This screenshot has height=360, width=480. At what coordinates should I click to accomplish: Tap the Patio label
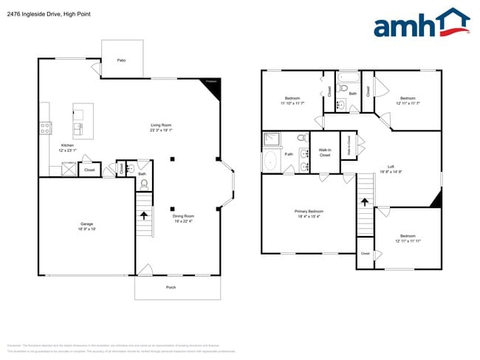121,59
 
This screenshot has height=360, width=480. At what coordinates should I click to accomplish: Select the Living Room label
161,127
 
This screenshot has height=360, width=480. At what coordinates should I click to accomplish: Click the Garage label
86,226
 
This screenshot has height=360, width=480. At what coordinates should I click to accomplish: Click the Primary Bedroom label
309,213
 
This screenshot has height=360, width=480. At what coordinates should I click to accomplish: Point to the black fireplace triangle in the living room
213,89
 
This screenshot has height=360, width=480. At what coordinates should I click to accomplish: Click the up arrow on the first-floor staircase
143,215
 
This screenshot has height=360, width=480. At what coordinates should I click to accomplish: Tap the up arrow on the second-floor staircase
364,200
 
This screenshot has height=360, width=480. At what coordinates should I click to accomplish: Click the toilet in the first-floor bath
144,183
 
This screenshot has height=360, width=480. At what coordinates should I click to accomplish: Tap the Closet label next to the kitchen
89,170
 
